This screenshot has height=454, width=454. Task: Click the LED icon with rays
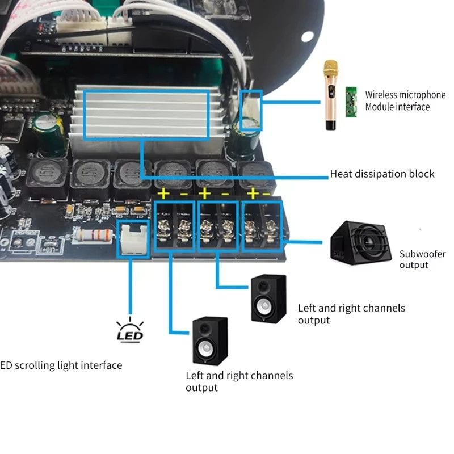[130, 331]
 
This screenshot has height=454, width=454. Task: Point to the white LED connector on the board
[132, 239]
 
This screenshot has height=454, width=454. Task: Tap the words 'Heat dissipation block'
[382, 174]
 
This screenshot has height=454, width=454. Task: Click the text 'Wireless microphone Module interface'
[405, 100]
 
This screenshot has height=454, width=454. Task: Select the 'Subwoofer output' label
[422, 259]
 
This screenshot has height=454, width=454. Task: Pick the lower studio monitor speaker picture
[210, 341]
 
